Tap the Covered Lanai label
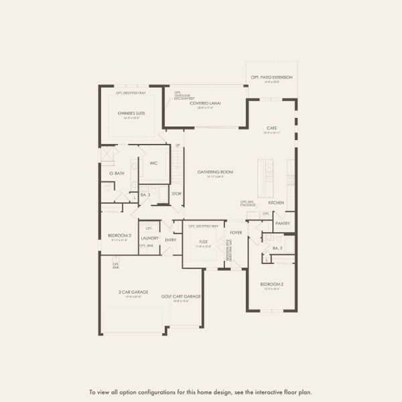coord(205,103)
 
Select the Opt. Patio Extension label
coord(272,78)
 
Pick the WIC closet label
coord(153,163)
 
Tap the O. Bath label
coord(117,174)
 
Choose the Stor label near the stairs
coord(176,194)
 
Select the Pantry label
coord(282,223)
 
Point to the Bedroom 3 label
coord(119,235)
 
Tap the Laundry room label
coord(149,237)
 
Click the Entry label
coord(170,239)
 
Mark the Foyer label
coord(236,232)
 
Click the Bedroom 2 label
coord(271,285)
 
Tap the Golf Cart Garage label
coord(181,296)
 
